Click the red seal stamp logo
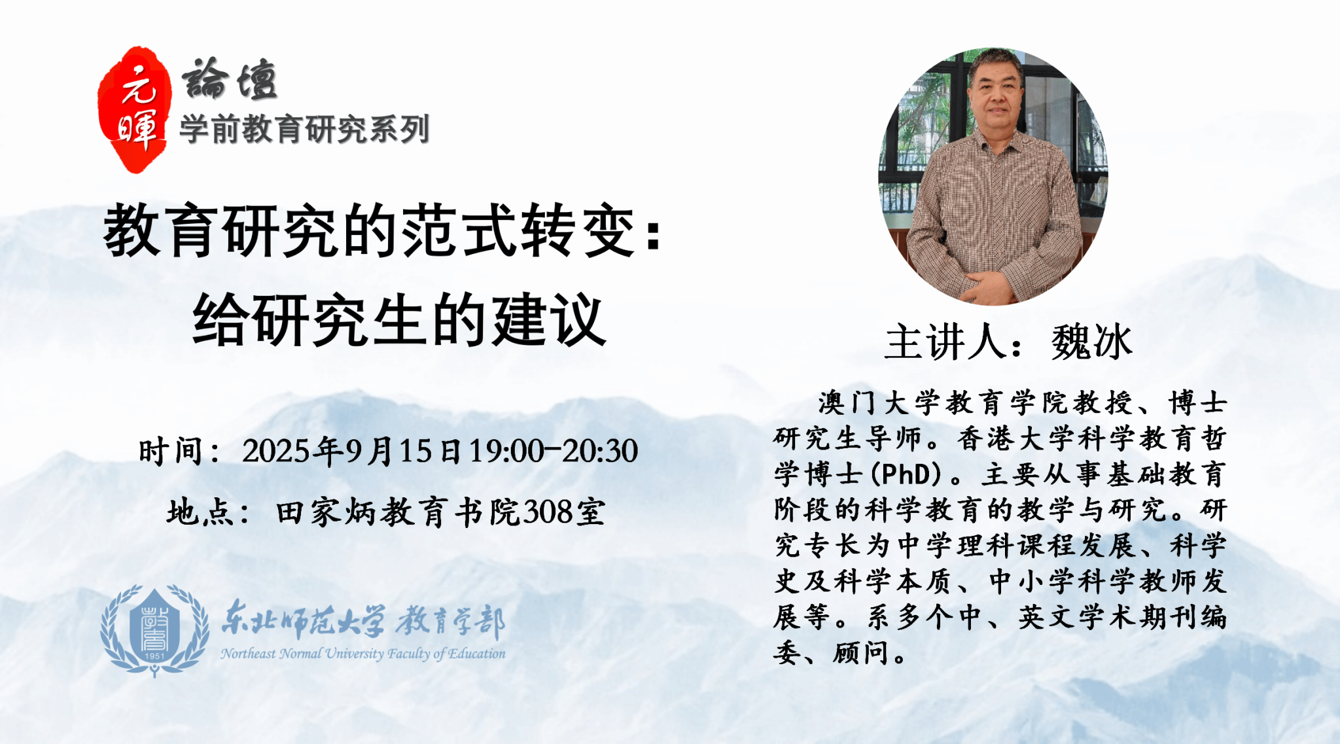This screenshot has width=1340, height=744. pyautogui.click(x=134, y=109)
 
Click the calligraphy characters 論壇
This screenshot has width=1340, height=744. pyautogui.click(x=230, y=80)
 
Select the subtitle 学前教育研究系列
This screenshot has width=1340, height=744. pyautogui.click(x=304, y=129)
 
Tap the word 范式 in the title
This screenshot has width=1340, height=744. pyautogui.click(x=458, y=230)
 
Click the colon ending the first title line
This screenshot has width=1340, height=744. pyautogui.click(x=653, y=234)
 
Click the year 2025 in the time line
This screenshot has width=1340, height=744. pyautogui.click(x=275, y=451)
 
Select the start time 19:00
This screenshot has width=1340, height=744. pyautogui.click(x=506, y=451)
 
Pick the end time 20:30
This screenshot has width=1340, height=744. pyautogui.click(x=600, y=451)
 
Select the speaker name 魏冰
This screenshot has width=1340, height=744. pyautogui.click(x=1091, y=342)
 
